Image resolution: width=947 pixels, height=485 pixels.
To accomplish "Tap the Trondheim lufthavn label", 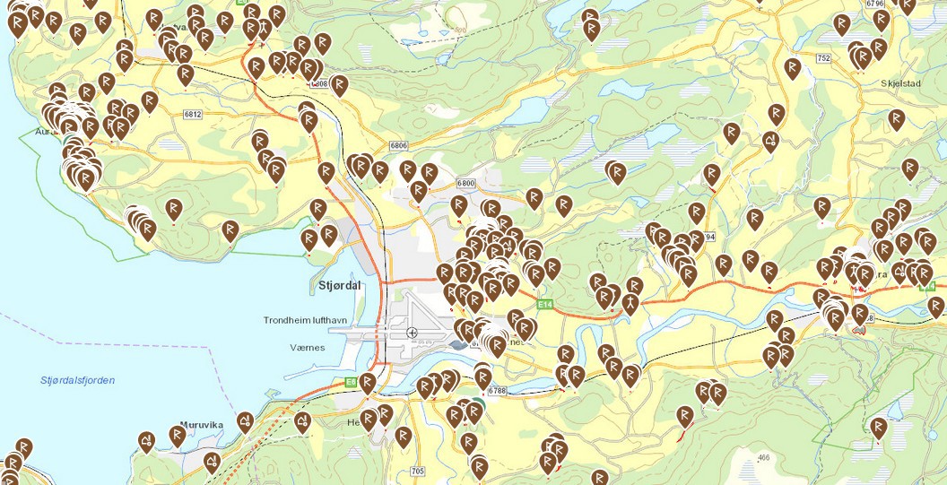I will tap(305, 320).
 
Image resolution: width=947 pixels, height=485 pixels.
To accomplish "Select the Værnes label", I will tap(307, 346).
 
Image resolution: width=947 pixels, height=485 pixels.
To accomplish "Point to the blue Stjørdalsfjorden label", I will tap(77, 380).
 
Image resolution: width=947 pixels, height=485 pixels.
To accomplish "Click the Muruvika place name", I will tap(201, 426).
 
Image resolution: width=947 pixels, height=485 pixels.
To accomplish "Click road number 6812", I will tap(192, 115).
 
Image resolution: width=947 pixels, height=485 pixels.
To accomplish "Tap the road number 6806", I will tap(399, 145).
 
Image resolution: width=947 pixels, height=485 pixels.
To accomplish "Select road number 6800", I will tap(465, 183).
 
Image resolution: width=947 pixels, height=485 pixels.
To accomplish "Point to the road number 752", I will tap(823, 57).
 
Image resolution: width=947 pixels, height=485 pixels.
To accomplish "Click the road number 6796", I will tap(875, 4).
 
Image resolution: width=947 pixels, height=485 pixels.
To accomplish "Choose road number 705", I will tap(416, 471).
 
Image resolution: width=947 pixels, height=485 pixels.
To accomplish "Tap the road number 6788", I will tap(499, 391).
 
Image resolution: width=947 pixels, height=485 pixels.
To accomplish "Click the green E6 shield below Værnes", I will tap(351, 382).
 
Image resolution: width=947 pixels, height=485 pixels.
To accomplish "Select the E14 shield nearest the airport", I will tap(543, 305).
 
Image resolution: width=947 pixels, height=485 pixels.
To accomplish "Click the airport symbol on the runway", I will tap(412, 333).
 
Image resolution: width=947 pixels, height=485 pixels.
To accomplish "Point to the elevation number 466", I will tap(763, 458).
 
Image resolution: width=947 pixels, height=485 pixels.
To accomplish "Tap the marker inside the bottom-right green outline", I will tap(878, 428).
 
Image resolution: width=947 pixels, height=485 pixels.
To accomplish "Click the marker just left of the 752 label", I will tap(792, 67).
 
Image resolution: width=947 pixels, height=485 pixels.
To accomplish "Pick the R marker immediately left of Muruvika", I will tap(178, 436).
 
